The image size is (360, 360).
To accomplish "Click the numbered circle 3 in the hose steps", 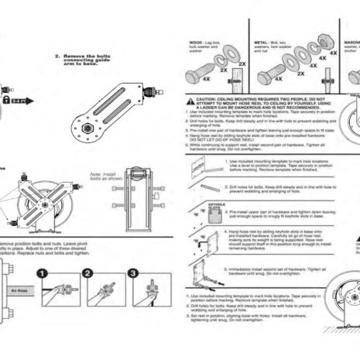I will point(132,274).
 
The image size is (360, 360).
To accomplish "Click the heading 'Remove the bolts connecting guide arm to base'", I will point(83,60).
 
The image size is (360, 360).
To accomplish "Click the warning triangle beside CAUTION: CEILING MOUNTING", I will point(190,101).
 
